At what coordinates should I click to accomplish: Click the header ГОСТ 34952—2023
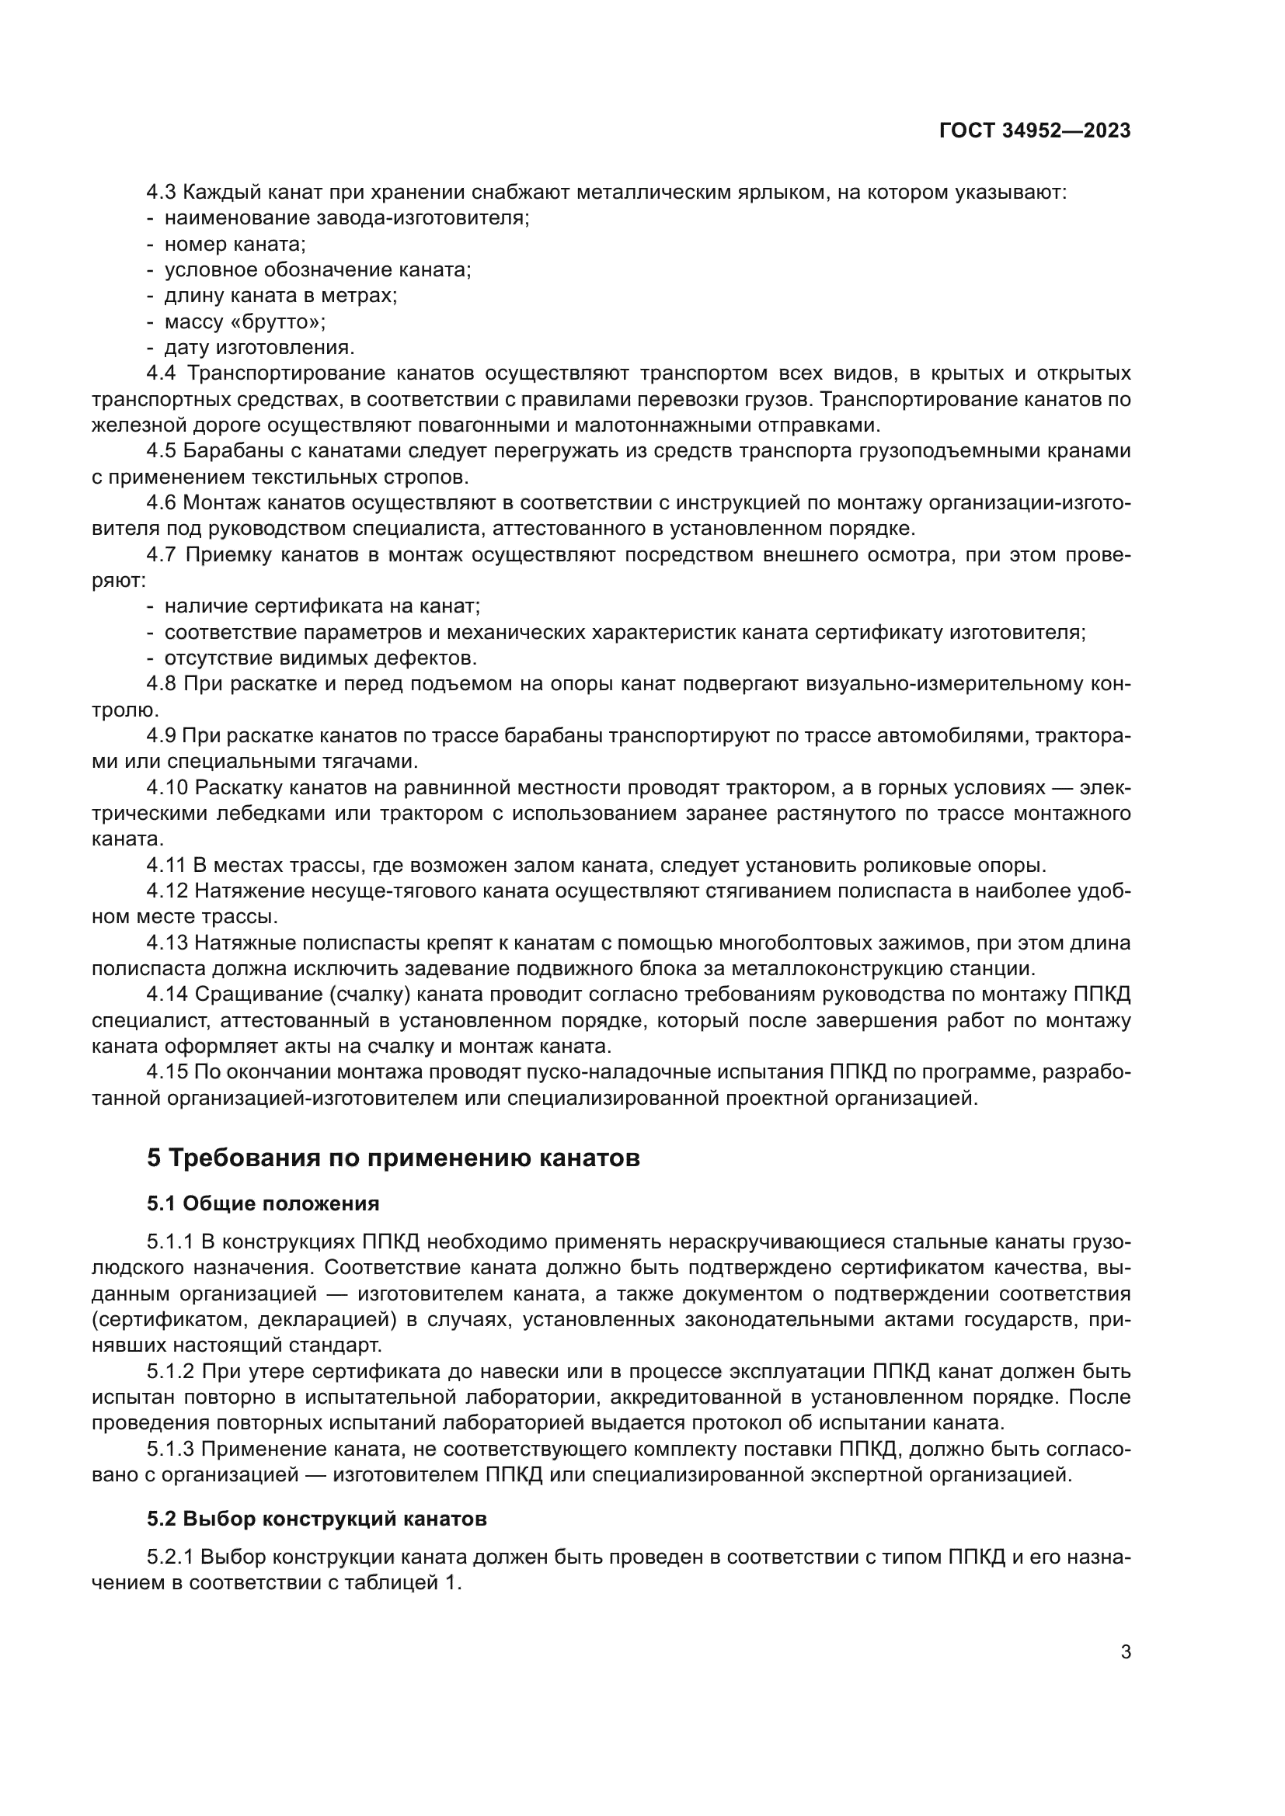click(1034, 131)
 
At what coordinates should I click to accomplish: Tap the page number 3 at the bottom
click(1125, 1651)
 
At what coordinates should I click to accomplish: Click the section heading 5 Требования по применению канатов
click(392, 1158)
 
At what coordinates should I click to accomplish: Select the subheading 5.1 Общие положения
click(263, 1204)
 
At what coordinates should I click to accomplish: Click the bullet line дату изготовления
click(259, 348)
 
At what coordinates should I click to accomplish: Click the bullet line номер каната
click(234, 245)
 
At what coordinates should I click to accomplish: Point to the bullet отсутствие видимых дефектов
click(319, 658)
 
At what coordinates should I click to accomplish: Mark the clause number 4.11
click(166, 865)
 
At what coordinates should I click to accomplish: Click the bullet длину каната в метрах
click(280, 296)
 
